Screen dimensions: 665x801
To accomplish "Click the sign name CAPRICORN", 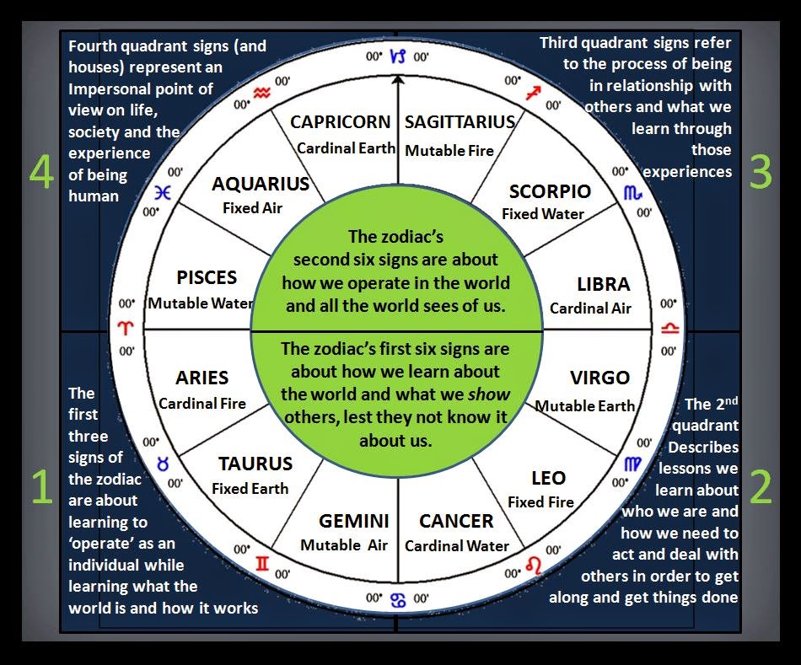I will click(x=341, y=122).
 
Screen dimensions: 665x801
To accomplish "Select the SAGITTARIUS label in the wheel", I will click(x=460, y=122).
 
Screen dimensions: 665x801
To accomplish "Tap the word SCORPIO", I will click(x=550, y=191).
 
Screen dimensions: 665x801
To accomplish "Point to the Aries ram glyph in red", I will click(x=126, y=328).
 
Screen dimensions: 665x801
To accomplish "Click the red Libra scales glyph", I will click(x=671, y=328).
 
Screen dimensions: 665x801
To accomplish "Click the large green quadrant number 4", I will click(x=40, y=172).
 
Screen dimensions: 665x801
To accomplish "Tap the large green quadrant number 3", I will click(x=760, y=172).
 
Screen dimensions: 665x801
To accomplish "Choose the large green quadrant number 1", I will click(x=40, y=488).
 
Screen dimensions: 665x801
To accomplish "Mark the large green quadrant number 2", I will click(x=760, y=488).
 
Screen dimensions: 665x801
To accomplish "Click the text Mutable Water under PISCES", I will click(x=201, y=303).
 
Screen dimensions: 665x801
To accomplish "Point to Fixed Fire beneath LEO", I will click(x=540, y=502).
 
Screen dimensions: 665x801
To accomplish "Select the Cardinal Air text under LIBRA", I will click(x=590, y=308).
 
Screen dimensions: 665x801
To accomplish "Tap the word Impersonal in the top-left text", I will click(x=110, y=88).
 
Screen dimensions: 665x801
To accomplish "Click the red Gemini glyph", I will click(x=262, y=563).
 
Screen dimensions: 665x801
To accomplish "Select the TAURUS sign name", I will click(x=255, y=464).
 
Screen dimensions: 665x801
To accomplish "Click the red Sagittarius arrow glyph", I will click(x=532, y=93).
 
